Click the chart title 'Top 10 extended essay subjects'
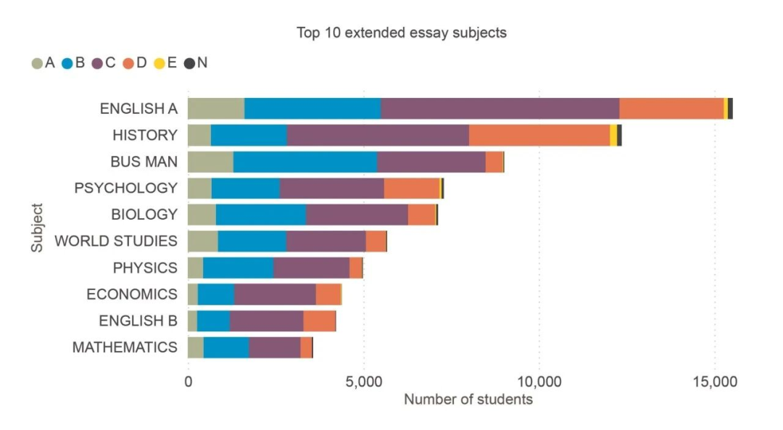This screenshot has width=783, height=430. tap(402, 33)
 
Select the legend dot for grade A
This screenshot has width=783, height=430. tap(37, 63)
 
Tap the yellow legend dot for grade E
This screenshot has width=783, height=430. tap(159, 63)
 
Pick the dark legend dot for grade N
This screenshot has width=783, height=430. tap(190, 63)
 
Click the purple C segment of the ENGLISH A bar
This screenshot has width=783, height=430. tap(500, 108)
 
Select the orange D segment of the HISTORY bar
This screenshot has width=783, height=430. tap(539, 136)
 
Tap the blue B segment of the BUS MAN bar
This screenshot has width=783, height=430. tap(305, 162)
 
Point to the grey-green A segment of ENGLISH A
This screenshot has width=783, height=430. tap(216, 108)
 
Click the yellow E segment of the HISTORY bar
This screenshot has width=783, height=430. tap(613, 136)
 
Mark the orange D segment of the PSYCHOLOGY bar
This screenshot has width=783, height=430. tap(412, 189)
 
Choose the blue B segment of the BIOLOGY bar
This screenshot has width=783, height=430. tap(261, 215)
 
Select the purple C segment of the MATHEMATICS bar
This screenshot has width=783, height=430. tap(275, 347)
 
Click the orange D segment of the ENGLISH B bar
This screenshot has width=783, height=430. tap(319, 321)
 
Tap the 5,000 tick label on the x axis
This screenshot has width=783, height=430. tap(363, 382)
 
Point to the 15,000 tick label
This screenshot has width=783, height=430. tap(715, 382)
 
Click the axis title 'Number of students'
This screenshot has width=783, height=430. tap(468, 400)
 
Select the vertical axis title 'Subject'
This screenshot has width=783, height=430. tap(37, 228)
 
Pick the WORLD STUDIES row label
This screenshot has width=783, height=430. tap(116, 241)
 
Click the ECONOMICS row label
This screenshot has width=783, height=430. tap(132, 294)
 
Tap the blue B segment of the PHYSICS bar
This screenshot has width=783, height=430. tap(239, 268)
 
